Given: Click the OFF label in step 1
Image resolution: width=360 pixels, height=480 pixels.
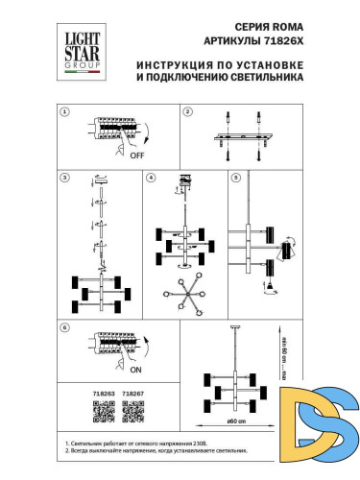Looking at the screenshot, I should [x=136, y=154].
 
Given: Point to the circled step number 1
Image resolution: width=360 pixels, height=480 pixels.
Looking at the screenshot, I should [x=64, y=111].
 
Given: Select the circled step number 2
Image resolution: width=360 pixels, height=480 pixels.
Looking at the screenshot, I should [x=188, y=111].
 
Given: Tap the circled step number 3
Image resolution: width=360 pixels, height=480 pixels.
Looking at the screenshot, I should [x=64, y=178].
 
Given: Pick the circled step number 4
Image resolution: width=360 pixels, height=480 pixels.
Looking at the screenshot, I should [x=151, y=178].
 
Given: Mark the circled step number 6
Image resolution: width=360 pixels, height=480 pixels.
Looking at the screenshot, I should [x=64, y=327].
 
